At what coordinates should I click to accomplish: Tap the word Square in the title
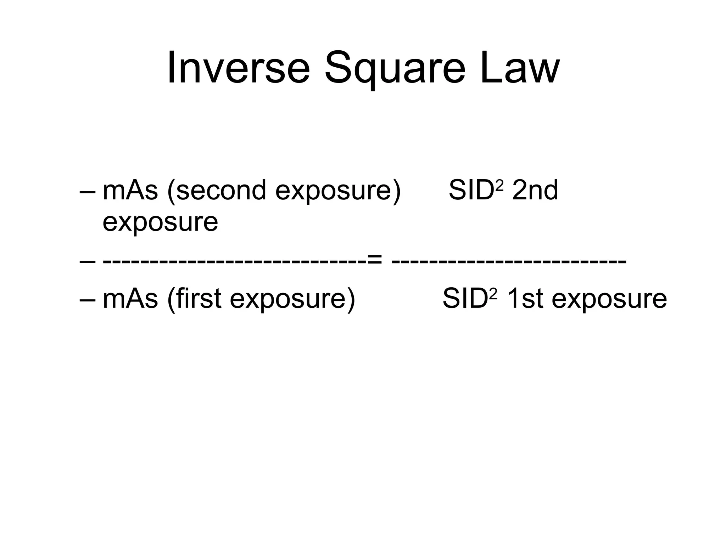pyautogui.click(x=395, y=69)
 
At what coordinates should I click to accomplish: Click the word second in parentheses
pyautogui.click(x=217, y=191)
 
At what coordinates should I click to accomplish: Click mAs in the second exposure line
pyautogui.click(x=130, y=191)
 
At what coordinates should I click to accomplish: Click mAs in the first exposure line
pyautogui.click(x=130, y=299)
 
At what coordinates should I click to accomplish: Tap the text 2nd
pyautogui.click(x=535, y=191)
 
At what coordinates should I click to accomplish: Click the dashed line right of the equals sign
pyautogui.click(x=509, y=262)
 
